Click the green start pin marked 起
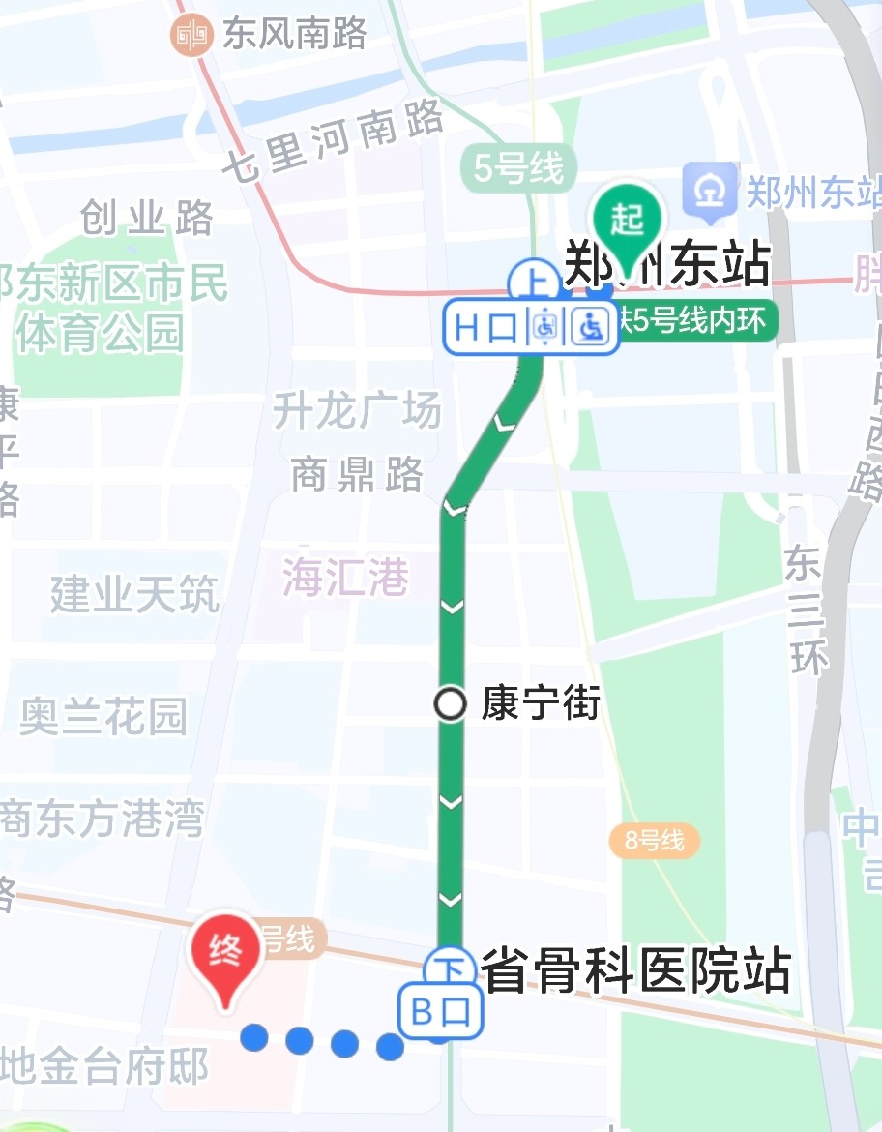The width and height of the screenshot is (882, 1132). pos(627,221)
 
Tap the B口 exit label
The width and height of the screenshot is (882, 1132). pos(440,1013)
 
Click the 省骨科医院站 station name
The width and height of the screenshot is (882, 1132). pos(636,970)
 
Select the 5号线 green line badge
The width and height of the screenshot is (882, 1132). pos(518,170)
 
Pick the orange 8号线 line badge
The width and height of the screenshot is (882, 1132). pos(654,841)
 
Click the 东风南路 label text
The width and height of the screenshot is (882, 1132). pos(295,35)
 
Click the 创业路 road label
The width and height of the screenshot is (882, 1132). pos(147,219)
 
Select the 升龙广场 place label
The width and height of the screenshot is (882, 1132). pos(357,411)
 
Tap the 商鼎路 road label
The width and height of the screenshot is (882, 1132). pos(358,474)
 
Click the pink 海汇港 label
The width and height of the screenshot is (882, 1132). pos(345,579)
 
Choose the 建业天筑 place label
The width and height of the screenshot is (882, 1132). pos(135,593)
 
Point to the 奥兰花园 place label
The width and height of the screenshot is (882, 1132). pos(103,717)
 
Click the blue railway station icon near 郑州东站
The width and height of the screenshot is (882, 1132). pos(712,192)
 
